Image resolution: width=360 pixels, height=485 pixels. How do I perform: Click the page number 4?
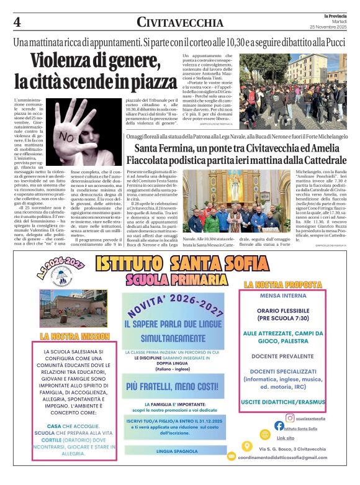click(17, 22)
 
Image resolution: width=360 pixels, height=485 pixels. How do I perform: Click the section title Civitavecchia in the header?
click(180, 22)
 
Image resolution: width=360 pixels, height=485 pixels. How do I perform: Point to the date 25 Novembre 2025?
click(331, 29)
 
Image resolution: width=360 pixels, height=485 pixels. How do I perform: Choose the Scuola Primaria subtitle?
click(180, 279)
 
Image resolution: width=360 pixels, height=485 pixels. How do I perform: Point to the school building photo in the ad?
click(62, 307)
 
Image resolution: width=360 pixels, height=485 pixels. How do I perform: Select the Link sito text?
click(286, 437)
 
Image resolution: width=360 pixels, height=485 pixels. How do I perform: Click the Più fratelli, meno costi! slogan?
click(174, 386)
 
